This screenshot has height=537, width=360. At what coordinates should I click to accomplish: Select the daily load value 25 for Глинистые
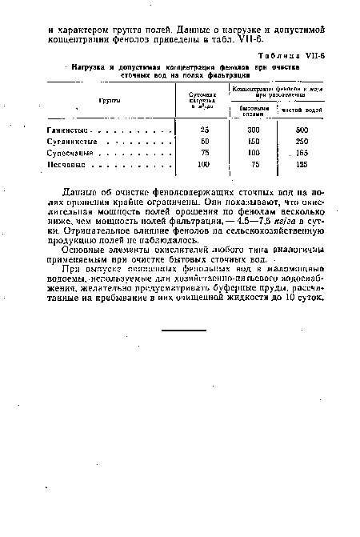click(x=204, y=130)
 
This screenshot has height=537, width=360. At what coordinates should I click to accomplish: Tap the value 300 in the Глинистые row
click(x=254, y=130)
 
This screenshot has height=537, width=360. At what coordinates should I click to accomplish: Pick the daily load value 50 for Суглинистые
click(x=204, y=142)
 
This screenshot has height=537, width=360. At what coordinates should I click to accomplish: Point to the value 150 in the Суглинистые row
click(x=254, y=142)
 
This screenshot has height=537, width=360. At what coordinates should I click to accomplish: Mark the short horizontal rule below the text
click(x=182, y=329)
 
